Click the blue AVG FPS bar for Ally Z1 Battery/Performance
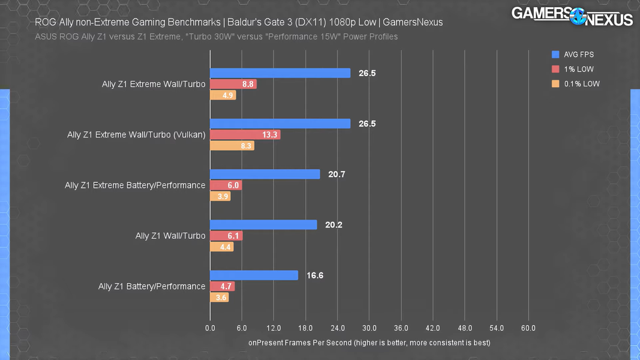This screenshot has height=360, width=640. point(254,275)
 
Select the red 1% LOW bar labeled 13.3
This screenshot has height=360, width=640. point(245,134)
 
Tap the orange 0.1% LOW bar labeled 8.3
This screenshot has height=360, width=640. point(232,145)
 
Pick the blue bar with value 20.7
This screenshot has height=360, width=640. point(265,174)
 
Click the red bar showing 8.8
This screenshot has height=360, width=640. point(233,84)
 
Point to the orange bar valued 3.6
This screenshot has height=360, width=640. point(219,297)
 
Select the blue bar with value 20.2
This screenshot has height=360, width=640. point(263,224)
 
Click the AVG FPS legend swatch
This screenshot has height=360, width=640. point(556,55)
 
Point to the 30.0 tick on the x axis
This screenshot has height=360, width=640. point(369,328)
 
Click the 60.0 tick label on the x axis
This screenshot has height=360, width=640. point(528,328)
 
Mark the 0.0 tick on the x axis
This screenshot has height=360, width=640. point(210,328)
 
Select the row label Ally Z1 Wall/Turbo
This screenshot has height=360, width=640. point(170,236)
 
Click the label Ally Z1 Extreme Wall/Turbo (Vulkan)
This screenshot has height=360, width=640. point(136,135)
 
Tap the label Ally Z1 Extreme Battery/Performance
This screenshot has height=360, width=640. point(135,185)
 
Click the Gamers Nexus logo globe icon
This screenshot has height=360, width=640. point(578,16)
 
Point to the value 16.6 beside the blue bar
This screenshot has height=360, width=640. point(315,275)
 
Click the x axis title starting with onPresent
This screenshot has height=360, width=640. point(369,343)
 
